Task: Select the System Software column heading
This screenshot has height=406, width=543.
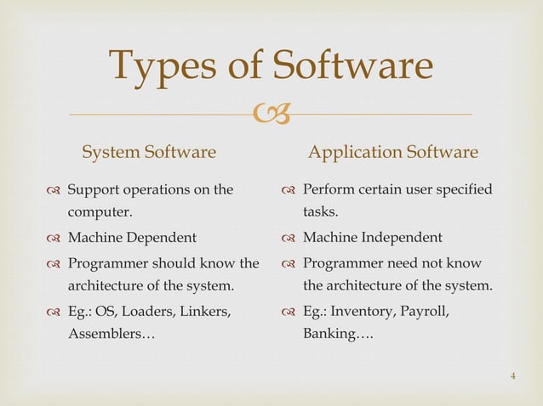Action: click(x=149, y=153)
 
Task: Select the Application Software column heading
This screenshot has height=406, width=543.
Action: click(x=392, y=153)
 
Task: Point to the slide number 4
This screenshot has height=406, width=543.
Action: click(x=514, y=376)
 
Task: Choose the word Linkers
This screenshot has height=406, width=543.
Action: click(x=209, y=311)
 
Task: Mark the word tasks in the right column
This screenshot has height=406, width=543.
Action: click(x=319, y=213)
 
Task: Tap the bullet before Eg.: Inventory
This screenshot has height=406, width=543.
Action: click(x=290, y=312)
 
